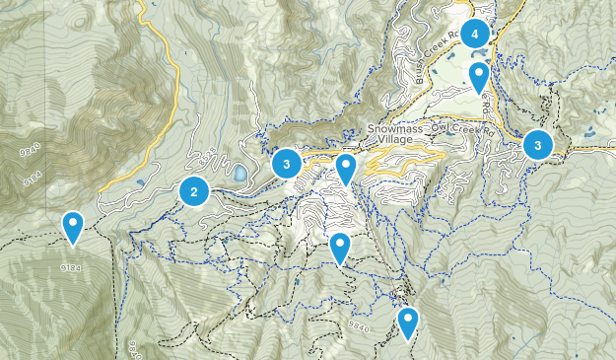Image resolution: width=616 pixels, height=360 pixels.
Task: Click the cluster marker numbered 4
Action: pyautogui.click(x=475, y=35)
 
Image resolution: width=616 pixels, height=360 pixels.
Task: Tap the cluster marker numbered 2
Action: pyautogui.click(x=194, y=191)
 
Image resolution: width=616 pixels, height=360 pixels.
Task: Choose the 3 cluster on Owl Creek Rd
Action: pyautogui.click(x=537, y=145)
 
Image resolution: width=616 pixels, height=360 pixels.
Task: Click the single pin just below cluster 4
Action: pyautogui.click(x=479, y=76)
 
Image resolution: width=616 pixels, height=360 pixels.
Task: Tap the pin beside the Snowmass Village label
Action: pyautogui.click(x=345, y=168)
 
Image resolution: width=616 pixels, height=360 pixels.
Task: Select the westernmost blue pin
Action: pyautogui.click(x=73, y=226)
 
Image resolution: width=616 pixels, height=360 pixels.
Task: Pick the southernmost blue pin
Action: pyautogui.click(x=407, y=322)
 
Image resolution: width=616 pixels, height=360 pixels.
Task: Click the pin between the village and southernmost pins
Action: pyautogui.click(x=340, y=248)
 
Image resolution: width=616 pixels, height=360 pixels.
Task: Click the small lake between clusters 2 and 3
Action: pyautogui.click(x=240, y=175)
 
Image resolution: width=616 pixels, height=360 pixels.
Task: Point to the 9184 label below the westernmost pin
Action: pyautogui.click(x=69, y=267)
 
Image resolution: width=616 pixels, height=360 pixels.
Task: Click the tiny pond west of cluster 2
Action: pyautogui.click(x=135, y=182)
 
